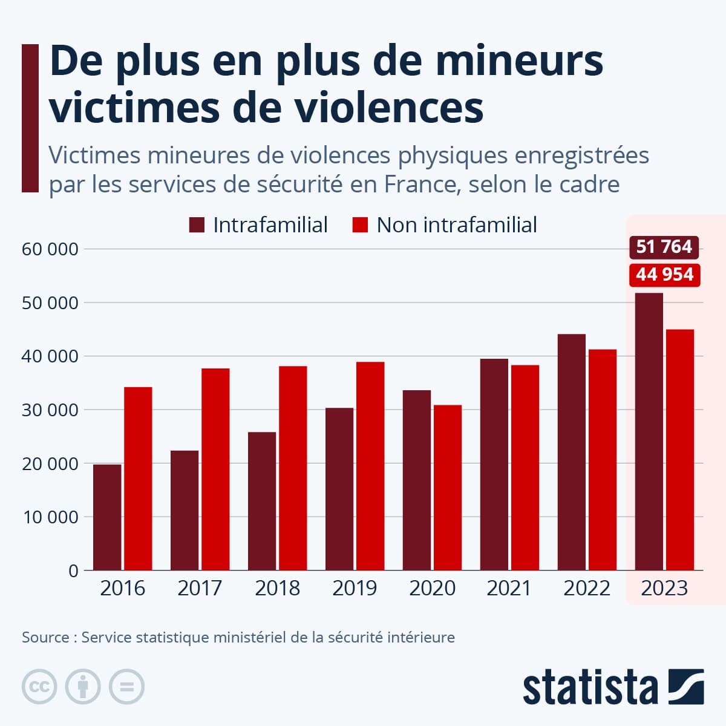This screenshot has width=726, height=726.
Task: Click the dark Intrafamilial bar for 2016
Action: (107, 517)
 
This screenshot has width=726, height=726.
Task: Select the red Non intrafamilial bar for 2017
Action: (215, 469)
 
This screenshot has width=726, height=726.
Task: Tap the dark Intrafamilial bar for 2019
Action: (339, 489)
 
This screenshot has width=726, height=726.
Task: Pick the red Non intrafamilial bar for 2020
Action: (448, 488)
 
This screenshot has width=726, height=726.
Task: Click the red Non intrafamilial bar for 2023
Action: (680, 450)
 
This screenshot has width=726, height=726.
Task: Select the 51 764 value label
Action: (664, 247)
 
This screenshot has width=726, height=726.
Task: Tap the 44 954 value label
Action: (664, 275)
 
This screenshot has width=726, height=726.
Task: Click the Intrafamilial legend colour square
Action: (197, 225)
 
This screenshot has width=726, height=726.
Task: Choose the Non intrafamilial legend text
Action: (456, 225)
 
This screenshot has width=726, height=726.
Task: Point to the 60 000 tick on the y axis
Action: (50, 249)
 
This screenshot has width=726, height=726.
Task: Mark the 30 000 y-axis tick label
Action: (50, 410)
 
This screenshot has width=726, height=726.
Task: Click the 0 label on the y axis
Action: (73, 571)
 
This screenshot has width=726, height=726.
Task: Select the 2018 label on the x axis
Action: (277, 588)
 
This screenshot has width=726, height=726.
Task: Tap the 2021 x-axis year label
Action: (509, 588)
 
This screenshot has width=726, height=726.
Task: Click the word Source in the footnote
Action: (45, 637)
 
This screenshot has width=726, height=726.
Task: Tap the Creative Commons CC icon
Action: (39, 687)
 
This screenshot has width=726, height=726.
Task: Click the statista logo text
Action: (590, 688)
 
